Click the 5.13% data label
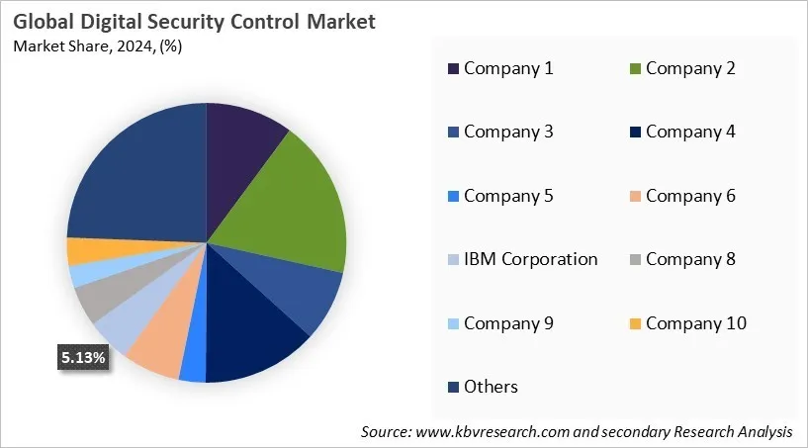coord(82,359)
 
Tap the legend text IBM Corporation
coord(530,259)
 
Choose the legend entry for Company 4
coord(690,132)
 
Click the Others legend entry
coord(491,387)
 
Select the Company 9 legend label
coord(508,323)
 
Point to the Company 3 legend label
coord(508,132)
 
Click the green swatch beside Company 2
coord(636,69)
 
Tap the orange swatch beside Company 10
coord(636,324)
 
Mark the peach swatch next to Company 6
coord(636,197)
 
